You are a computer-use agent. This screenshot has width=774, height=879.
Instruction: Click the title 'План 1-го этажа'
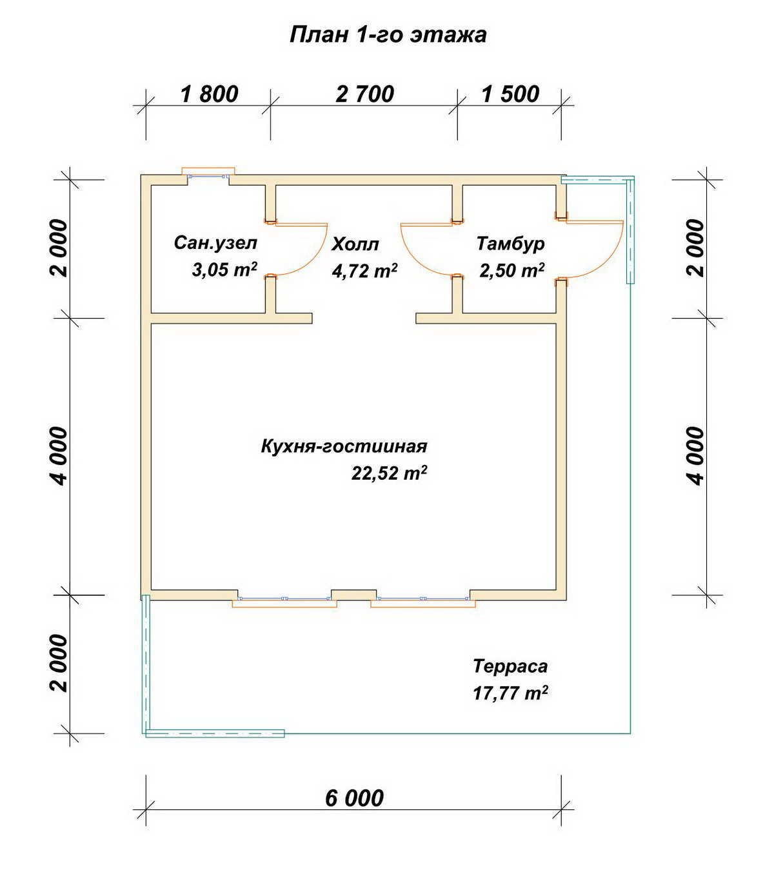(388, 35)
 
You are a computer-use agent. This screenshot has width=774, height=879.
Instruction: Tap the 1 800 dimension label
(209, 94)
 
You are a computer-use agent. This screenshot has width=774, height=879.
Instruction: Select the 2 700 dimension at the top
(364, 94)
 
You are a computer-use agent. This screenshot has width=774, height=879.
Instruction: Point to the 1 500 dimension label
(510, 94)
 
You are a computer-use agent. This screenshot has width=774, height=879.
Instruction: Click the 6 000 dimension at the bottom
(355, 798)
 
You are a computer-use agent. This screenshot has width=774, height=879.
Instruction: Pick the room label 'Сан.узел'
(215, 243)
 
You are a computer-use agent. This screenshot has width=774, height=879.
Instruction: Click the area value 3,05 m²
(224, 270)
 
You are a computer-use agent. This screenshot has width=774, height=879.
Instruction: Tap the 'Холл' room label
(355, 244)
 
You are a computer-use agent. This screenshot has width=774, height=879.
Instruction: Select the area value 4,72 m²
(364, 271)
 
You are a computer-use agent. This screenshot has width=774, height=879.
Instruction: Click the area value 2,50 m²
(512, 270)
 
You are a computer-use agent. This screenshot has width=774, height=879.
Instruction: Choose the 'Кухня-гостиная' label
(344, 446)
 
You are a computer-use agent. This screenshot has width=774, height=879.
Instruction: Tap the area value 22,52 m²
(389, 473)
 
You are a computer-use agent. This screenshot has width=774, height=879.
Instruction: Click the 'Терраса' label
(510, 666)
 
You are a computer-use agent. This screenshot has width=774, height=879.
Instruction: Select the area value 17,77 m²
(510, 693)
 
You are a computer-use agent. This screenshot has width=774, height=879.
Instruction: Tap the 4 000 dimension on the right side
(697, 456)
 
